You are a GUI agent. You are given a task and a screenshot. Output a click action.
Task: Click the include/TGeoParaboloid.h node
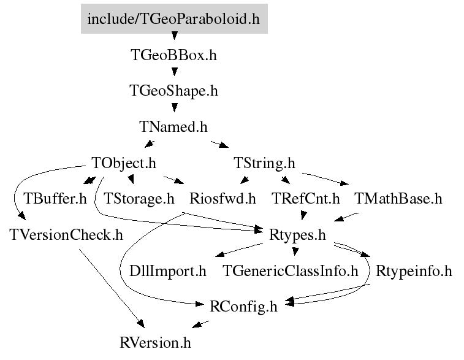(x=174, y=18)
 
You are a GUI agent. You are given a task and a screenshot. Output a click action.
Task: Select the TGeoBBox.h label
(x=173, y=55)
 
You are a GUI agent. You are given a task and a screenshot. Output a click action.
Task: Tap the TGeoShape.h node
(x=173, y=91)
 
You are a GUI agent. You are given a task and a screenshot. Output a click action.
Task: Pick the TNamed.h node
(x=173, y=127)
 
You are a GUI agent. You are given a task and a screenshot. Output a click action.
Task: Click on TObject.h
(x=124, y=163)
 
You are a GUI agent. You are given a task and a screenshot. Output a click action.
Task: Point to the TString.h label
(x=264, y=163)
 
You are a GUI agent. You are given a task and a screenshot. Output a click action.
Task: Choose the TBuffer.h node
(x=55, y=199)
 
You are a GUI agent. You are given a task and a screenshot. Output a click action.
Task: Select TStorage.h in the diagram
(x=139, y=199)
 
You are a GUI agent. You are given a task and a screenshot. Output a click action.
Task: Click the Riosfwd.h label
(x=222, y=199)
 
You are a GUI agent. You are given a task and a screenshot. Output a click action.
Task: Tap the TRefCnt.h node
(x=306, y=199)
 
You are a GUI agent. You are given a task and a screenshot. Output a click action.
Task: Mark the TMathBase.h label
(x=398, y=199)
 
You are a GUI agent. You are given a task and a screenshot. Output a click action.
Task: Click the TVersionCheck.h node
(x=66, y=235)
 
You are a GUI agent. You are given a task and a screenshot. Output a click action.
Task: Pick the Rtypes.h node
(x=297, y=235)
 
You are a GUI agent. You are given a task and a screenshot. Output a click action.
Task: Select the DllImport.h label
(x=168, y=271)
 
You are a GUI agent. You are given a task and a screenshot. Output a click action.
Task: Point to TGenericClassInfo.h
(x=291, y=271)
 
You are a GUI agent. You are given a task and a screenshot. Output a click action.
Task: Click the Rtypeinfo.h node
(x=414, y=271)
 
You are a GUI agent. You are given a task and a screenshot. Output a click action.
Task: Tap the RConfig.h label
(x=243, y=307)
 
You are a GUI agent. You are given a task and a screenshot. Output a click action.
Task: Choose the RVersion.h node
(x=155, y=343)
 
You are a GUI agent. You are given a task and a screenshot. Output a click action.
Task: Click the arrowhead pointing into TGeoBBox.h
(x=175, y=36)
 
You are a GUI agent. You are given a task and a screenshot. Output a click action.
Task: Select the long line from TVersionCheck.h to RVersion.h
(x=112, y=288)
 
